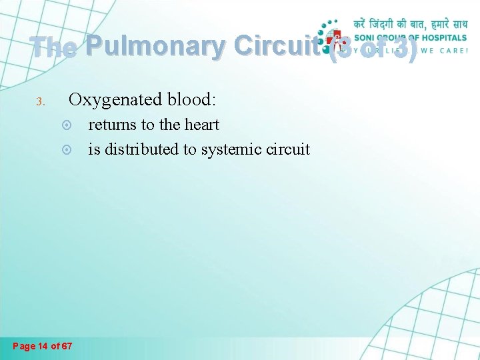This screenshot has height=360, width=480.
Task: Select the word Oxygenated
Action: pyautogui.click(x=111, y=100)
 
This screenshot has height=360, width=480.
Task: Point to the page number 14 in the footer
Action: pyautogui.click(x=44, y=345)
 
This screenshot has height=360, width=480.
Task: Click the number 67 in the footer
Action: pyautogui.click(x=67, y=345)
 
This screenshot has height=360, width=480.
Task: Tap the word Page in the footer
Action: pyautogui.click(x=24, y=345)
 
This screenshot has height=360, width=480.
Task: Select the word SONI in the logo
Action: pyautogui.click(x=365, y=37)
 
